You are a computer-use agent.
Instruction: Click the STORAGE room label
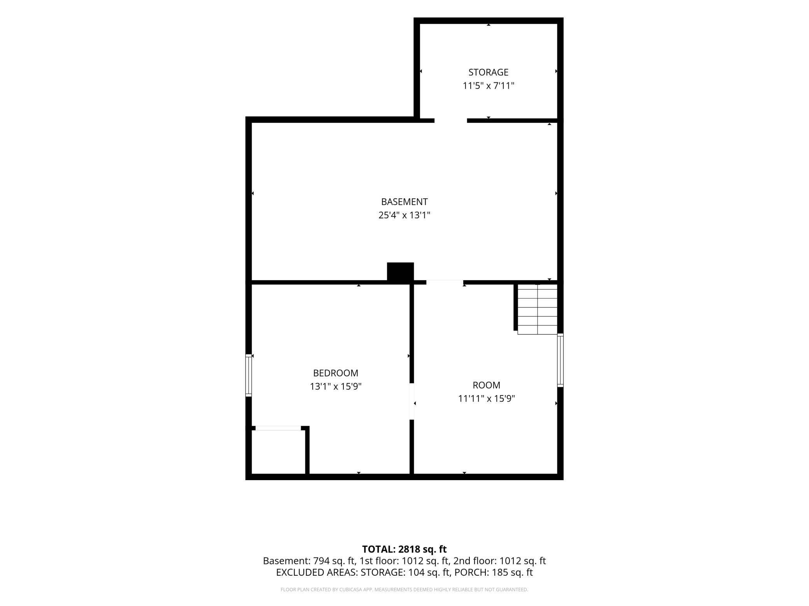[x=488, y=72]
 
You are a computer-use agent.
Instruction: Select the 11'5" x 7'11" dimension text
[x=488, y=86]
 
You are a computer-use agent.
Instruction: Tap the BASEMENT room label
[x=404, y=202]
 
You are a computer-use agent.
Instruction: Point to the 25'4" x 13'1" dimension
[x=404, y=215]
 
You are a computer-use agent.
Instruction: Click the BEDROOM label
[x=336, y=373]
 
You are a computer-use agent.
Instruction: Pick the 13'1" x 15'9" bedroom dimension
[x=336, y=387]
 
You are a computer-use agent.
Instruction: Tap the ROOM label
[x=486, y=385]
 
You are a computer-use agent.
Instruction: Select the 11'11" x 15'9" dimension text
[x=486, y=399]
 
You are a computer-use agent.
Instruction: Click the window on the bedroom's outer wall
[x=249, y=375]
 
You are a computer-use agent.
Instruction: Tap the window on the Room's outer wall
[x=560, y=360]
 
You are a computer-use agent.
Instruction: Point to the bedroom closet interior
[x=278, y=452]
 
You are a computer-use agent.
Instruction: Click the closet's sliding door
[x=278, y=428]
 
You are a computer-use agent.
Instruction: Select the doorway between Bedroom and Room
[x=412, y=401]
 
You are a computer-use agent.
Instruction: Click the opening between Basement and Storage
[x=450, y=120]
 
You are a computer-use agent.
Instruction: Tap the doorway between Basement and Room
[x=445, y=282]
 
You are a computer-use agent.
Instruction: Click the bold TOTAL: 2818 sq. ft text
[x=404, y=549]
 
